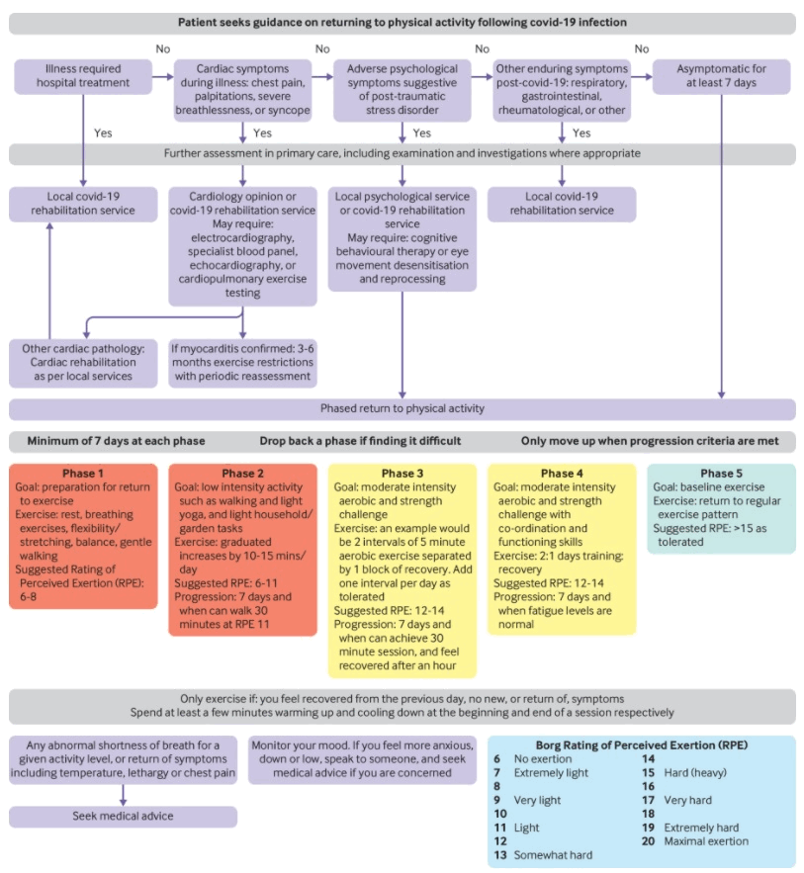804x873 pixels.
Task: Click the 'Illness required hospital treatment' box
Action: click(83, 76)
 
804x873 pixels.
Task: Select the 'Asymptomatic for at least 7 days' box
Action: click(721, 76)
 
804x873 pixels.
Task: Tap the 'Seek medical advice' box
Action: click(124, 816)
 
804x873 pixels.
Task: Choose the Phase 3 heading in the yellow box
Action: click(402, 475)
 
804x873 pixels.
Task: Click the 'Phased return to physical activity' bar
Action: click(402, 408)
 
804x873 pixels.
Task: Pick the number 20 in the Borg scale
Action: click(649, 841)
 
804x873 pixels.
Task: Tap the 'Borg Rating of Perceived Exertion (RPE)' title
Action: click(641, 744)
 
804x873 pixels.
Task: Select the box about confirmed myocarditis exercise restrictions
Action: click(242, 363)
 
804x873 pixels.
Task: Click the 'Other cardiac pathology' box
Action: click(83, 363)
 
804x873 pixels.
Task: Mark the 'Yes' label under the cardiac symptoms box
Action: click(262, 132)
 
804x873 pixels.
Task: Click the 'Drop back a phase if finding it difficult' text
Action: click(361, 441)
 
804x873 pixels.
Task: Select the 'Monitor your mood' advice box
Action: click(362, 759)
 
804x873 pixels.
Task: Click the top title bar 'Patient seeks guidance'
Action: click(402, 22)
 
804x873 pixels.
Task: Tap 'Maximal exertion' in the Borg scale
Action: click(707, 841)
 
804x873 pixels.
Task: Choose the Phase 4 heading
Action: click(562, 475)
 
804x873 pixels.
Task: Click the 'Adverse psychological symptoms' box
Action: click(402, 89)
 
